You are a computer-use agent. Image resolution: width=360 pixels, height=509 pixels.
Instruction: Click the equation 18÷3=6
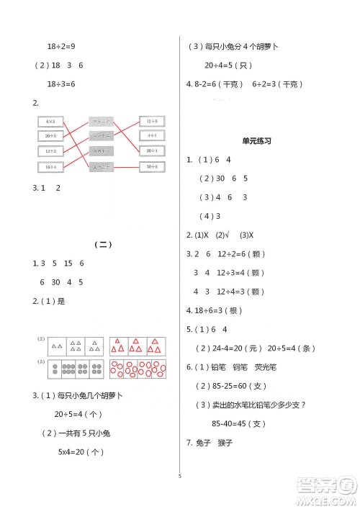point(61,84)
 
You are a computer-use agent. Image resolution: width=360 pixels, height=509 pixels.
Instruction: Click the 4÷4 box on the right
point(151,136)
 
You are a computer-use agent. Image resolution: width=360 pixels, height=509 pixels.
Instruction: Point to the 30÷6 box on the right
point(151,166)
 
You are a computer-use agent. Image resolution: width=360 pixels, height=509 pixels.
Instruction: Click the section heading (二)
point(104,245)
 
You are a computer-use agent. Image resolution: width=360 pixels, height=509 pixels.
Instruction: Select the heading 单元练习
point(256,142)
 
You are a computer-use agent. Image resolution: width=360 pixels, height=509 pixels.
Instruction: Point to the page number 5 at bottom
point(179,474)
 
